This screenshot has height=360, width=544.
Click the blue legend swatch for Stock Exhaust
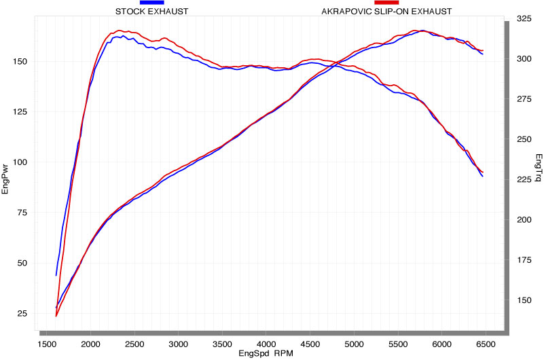pyautogui.click(x=151, y=3)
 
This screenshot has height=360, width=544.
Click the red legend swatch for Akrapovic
pyautogui.click(x=386, y=3)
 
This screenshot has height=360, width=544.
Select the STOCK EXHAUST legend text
pyautogui.click(x=151, y=12)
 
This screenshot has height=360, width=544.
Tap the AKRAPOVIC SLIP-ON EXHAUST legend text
pyautogui.click(x=386, y=12)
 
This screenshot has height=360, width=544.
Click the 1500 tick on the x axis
pyautogui.click(x=51, y=344)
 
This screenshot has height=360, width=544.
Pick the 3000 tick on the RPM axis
pyautogui.click(x=178, y=344)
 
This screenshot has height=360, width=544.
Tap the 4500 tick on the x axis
pyautogui.click(x=310, y=344)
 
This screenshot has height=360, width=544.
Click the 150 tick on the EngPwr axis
pyautogui.click(x=20, y=61)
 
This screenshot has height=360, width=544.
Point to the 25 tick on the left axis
pyautogui.click(x=23, y=314)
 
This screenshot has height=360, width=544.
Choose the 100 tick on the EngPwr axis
pyautogui.click(x=20, y=162)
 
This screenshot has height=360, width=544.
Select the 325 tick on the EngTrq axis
pyautogui.click(x=524, y=19)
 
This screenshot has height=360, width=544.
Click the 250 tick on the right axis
pyautogui.click(x=524, y=139)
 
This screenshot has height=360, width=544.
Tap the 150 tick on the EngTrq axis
pyautogui.click(x=524, y=300)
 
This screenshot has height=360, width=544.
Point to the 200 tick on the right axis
pyautogui.click(x=524, y=220)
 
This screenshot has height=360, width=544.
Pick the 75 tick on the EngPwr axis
pyautogui.click(x=23, y=213)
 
